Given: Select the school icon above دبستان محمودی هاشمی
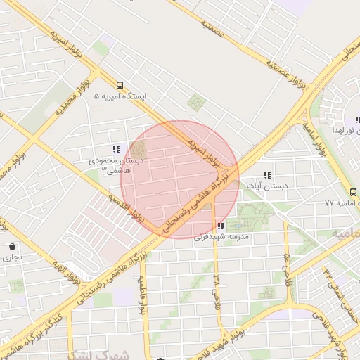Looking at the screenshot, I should tap(116, 149).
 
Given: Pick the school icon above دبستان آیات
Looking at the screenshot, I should tap(267, 175).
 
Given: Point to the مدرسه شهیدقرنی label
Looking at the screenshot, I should tap(223, 238).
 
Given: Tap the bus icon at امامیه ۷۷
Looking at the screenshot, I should tap(352, 192).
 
